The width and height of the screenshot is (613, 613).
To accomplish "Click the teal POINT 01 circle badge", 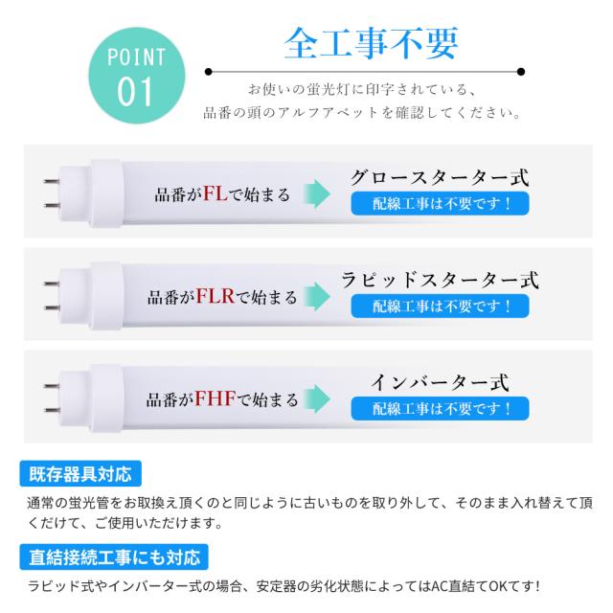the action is [136, 76].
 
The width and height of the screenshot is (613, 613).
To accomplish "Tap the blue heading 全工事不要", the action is [371, 43].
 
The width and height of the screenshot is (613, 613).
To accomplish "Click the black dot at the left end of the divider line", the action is [209, 72].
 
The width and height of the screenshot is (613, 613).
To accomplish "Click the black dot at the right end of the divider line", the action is [521, 72].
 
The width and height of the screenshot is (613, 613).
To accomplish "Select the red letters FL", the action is [215, 193].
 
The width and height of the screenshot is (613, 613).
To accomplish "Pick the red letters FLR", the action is [215, 296].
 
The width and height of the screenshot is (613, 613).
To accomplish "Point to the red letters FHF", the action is [216, 398].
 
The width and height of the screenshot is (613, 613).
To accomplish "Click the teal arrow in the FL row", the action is [317, 193].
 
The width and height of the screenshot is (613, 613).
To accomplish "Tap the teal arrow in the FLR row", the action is [317, 297].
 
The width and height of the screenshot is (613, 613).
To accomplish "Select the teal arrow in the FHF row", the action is [317, 399].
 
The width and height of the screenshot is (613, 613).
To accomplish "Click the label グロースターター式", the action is [440, 178].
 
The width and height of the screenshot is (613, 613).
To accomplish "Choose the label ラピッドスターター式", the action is [440, 281].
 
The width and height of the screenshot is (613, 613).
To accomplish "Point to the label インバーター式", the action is [440, 383].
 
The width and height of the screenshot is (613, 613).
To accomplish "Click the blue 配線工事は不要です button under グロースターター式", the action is [440, 203].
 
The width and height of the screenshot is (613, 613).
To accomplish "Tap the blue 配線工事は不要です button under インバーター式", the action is [440, 409].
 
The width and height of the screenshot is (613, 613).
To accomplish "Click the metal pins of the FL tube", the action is [52, 193].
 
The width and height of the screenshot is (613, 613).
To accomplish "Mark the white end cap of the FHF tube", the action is [106, 398].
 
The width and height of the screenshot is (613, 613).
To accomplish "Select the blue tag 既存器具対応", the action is [80, 474].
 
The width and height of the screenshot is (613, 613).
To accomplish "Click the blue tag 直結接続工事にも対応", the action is [114, 556].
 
